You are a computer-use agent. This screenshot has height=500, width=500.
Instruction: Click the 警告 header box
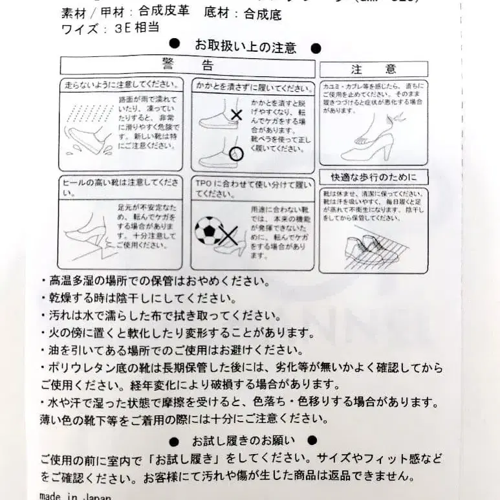(188, 65)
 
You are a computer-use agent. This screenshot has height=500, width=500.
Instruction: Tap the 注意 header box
(373, 69)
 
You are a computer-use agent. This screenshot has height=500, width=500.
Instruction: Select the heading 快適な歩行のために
(373, 177)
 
